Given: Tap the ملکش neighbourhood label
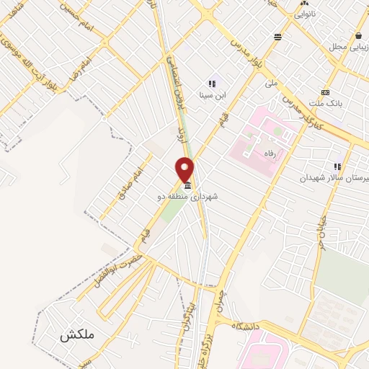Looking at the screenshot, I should click(x=77, y=335).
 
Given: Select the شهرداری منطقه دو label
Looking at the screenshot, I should click(x=187, y=195).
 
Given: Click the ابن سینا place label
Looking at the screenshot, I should click(x=212, y=96).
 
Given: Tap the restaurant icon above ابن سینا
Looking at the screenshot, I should click(x=212, y=84).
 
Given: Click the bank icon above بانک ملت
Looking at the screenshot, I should click(x=325, y=92).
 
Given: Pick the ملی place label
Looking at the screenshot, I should click(x=270, y=84).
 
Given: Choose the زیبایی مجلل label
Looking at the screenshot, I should click(x=349, y=46).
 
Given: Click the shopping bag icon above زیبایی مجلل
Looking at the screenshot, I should click(x=358, y=35).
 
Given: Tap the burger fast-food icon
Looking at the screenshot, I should click(x=277, y=35).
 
